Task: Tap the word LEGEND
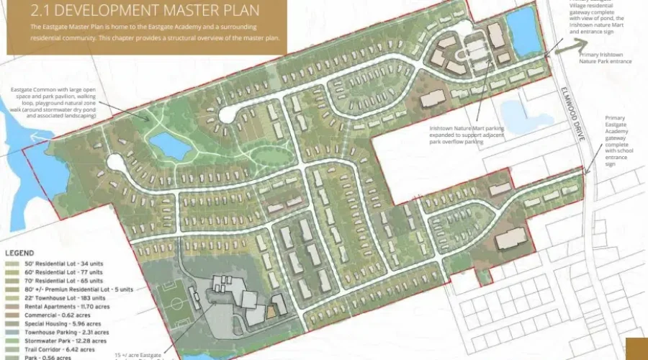(20, 253)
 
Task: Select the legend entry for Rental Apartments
(63, 307)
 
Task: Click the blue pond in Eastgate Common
(169, 146)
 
